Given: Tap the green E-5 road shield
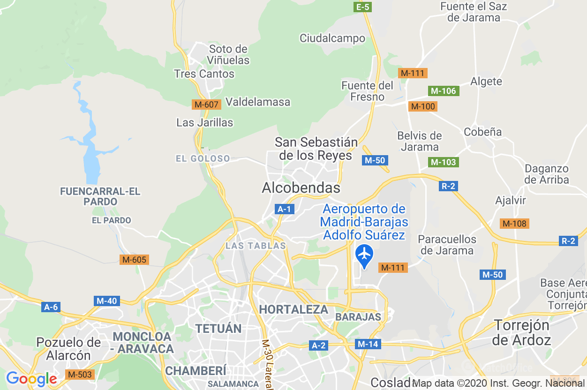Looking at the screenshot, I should pos(363,7).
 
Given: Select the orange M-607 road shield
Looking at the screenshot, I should pos(206,105).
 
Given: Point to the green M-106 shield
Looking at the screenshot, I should pos(443,91).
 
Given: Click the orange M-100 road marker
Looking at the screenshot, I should pos(422,106).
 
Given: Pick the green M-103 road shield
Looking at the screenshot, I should pos(443,162).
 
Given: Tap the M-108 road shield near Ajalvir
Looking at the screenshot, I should pos(514,224).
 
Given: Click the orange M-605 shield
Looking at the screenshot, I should pos(134,260).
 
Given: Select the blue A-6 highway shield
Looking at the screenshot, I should pos(51,307).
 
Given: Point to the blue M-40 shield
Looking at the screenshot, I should pos(106,301).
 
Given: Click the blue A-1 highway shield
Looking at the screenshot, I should pos(284,209).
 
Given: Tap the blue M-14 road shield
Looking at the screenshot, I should pos(368,344).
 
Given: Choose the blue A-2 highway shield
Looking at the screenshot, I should pos(318,345).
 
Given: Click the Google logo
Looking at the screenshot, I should pos(31,379).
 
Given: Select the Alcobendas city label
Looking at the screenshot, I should pos(301,188).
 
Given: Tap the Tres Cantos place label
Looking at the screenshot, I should pos(204,74).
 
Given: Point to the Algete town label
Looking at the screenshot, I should pos(486,82).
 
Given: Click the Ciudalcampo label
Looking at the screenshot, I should pos(332,38).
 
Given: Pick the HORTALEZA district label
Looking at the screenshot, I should pos(293,309).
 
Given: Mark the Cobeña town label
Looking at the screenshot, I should pos(482,132).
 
